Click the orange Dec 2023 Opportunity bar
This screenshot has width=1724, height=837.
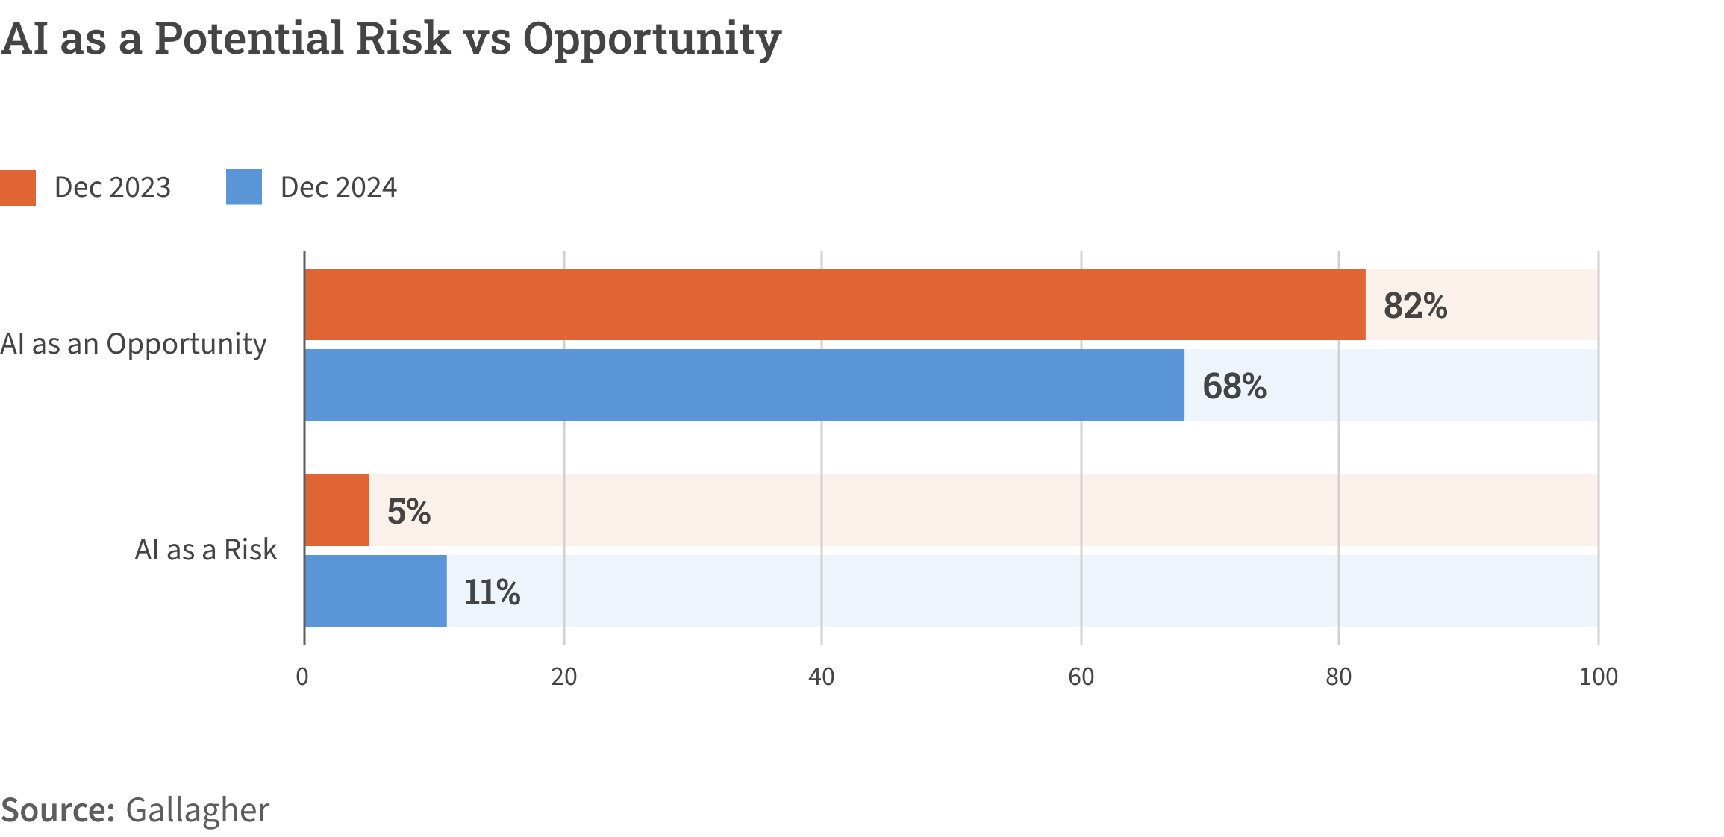pos(834,304)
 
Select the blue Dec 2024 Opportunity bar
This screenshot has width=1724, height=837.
pos(744,385)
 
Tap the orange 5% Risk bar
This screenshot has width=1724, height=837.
pos(337,510)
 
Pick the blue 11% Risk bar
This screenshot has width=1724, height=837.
pos(376,591)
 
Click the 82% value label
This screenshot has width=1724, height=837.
pos(1415,306)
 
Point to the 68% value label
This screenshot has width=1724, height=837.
pos(1234,386)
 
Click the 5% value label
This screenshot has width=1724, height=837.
pos(409,512)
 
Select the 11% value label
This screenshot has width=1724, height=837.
pos(492,592)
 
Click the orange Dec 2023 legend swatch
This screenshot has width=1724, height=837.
pos(18,187)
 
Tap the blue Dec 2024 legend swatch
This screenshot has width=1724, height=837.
pos(244,187)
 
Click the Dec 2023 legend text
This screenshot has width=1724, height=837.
pos(113,187)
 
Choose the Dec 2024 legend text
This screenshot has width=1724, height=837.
pos(339,187)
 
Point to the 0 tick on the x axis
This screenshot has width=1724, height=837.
pos(302,677)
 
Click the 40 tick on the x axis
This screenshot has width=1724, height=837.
pos(821,677)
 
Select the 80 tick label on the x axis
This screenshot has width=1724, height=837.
pos(1338,677)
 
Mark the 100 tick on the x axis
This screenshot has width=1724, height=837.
pos(1598,677)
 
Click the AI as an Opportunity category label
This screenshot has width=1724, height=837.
pos(134,344)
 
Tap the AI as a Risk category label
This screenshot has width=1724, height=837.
pos(205,550)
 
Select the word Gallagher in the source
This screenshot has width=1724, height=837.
pos(197,810)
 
